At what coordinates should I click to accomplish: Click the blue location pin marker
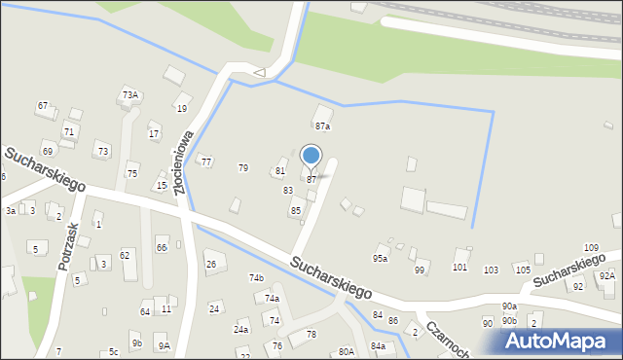click(x=311, y=156)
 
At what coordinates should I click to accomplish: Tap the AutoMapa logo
click(x=560, y=342)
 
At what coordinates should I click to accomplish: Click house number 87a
click(x=322, y=126)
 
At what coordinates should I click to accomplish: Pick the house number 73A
click(x=130, y=95)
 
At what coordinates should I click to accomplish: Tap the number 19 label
click(x=182, y=109)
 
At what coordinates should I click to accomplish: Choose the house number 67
click(x=43, y=105)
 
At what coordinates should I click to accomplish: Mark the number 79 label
click(x=243, y=168)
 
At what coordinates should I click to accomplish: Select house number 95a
click(x=380, y=259)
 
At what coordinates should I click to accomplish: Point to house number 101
click(x=460, y=267)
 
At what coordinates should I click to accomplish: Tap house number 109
click(x=591, y=249)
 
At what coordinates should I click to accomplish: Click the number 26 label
click(x=210, y=264)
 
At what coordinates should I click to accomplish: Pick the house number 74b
click(x=256, y=278)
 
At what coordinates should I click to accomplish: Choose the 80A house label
click(x=346, y=351)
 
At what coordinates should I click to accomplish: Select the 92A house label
click(x=607, y=276)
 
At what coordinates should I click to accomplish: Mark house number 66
click(x=162, y=248)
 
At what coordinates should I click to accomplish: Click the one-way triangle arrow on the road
click(x=259, y=71)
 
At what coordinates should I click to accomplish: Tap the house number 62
click(x=125, y=255)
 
